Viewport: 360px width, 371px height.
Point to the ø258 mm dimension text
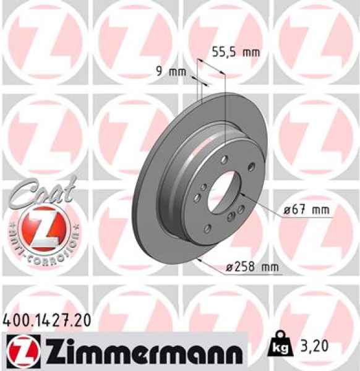click(251, 267)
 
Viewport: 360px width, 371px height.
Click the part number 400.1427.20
click(47, 320)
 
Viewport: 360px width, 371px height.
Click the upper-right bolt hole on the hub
click(252, 166)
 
